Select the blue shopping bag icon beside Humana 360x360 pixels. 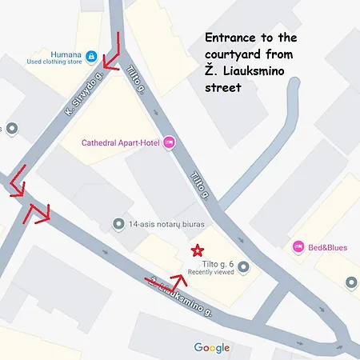(92, 57)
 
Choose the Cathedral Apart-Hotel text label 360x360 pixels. (120, 143)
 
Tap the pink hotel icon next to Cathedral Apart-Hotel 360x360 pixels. (169, 143)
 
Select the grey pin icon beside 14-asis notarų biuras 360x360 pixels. (118, 224)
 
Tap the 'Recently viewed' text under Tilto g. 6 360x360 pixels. (210, 273)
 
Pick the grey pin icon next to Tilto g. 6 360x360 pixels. (243, 267)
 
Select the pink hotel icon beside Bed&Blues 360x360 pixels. (298, 247)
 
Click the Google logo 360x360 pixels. (211, 347)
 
